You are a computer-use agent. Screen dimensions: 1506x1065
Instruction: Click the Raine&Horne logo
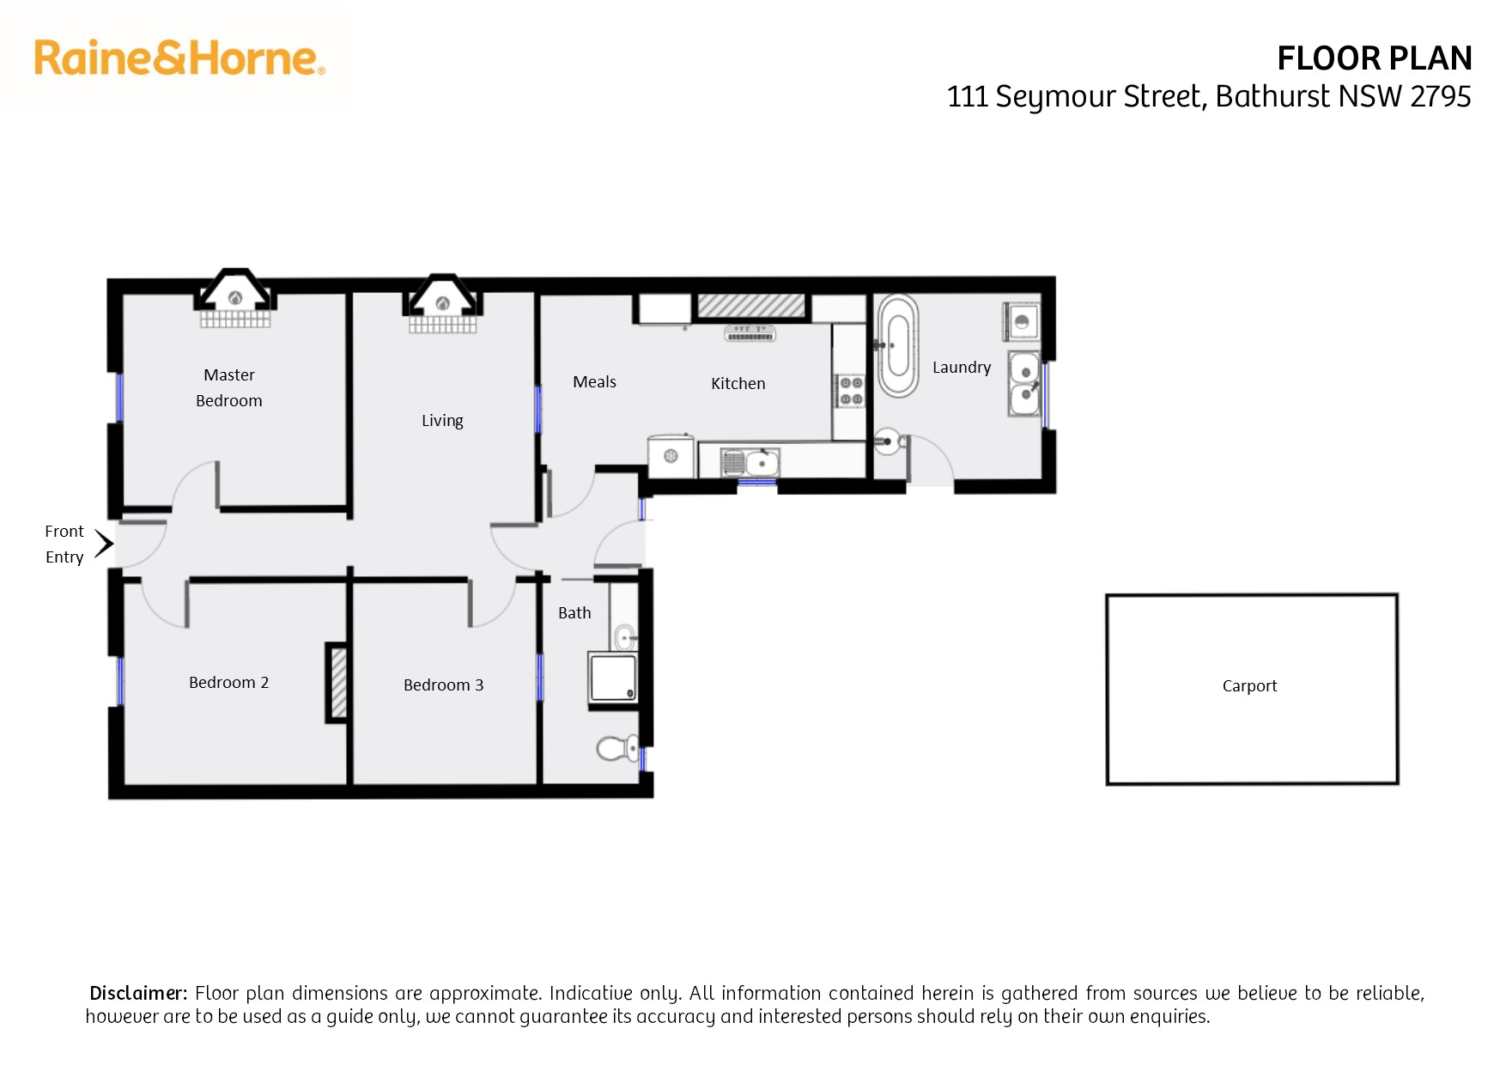[179, 58]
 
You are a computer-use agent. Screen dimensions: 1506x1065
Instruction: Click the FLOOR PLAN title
[1375, 58]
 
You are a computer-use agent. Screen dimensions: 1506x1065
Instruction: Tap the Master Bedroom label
[229, 387]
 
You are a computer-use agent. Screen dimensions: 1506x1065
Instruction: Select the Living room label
[442, 421]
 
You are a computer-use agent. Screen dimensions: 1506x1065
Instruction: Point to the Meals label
[594, 381]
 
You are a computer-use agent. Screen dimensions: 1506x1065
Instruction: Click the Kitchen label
[738, 383]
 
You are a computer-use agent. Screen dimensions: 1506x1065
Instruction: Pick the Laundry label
[962, 368]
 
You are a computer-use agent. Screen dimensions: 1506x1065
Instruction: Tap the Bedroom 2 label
[228, 682]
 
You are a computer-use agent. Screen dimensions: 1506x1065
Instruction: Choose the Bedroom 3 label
[443, 685]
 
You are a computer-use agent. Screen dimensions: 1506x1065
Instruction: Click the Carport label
[1249, 685]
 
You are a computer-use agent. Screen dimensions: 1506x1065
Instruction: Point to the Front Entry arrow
[104, 544]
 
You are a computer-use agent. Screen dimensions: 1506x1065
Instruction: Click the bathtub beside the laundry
[898, 345]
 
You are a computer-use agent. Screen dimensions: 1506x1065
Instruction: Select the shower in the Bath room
[613, 678]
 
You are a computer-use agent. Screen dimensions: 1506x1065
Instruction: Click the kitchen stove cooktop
[851, 391]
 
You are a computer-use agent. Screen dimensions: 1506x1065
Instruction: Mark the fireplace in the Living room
[443, 303]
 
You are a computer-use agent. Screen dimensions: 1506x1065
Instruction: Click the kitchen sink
[750, 462]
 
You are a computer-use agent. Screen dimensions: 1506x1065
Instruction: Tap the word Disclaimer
[138, 993]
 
